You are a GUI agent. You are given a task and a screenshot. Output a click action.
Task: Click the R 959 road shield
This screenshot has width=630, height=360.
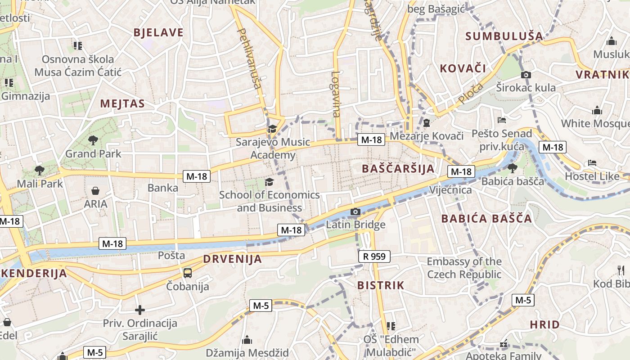(x=374, y=256)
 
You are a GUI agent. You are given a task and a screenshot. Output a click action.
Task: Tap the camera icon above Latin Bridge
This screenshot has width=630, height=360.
(x=355, y=211)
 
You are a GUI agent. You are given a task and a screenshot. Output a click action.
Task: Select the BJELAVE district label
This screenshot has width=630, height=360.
(x=159, y=32)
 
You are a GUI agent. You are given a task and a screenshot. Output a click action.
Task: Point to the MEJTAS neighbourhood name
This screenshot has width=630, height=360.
(x=122, y=104)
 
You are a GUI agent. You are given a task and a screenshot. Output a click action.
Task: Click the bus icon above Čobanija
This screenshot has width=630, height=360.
(x=187, y=273)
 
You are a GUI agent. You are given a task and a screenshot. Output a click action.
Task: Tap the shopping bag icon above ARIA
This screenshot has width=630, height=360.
(x=95, y=191)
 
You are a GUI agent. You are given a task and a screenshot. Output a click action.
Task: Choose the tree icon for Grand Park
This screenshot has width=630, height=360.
(x=93, y=140)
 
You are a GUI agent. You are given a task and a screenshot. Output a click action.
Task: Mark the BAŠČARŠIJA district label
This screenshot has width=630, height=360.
(x=398, y=169)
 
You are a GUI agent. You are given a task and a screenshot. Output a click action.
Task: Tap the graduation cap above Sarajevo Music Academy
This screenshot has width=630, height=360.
(x=272, y=129)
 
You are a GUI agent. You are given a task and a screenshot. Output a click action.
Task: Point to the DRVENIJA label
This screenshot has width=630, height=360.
(x=232, y=259)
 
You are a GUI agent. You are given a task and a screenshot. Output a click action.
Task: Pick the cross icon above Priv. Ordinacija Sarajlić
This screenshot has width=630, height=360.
(x=140, y=310)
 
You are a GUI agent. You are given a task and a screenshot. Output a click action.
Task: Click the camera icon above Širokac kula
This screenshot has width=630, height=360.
(x=526, y=75)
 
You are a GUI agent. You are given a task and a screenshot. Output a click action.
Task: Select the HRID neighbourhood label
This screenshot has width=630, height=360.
(x=544, y=324)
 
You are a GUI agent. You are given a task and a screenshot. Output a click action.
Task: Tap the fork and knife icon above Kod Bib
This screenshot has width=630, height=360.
(x=621, y=270)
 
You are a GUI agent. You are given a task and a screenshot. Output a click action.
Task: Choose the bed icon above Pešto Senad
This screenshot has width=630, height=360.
(x=502, y=120)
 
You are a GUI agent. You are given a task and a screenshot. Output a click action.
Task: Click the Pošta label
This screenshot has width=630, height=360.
(x=171, y=256)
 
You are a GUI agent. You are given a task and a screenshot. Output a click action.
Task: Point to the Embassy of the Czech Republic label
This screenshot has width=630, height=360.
(x=464, y=268)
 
